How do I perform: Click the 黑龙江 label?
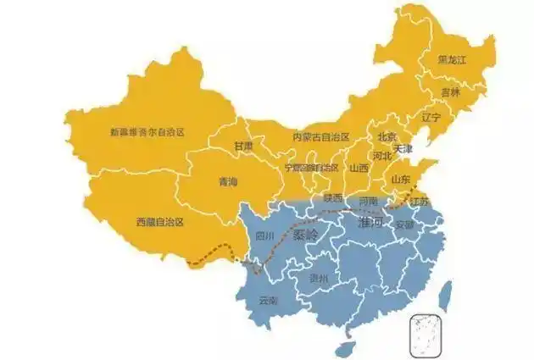(x=455, y=60)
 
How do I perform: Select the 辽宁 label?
(x=431, y=118)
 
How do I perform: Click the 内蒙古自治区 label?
(x=315, y=137)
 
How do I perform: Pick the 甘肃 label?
(x=244, y=147)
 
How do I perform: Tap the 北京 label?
(x=386, y=136)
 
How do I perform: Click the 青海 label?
(x=228, y=182)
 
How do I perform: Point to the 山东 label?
(x=400, y=180)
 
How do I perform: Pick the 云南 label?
(x=268, y=301)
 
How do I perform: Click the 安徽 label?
(x=404, y=225)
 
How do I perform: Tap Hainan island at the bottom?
(x=344, y=348)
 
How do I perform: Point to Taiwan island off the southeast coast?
(x=439, y=292)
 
